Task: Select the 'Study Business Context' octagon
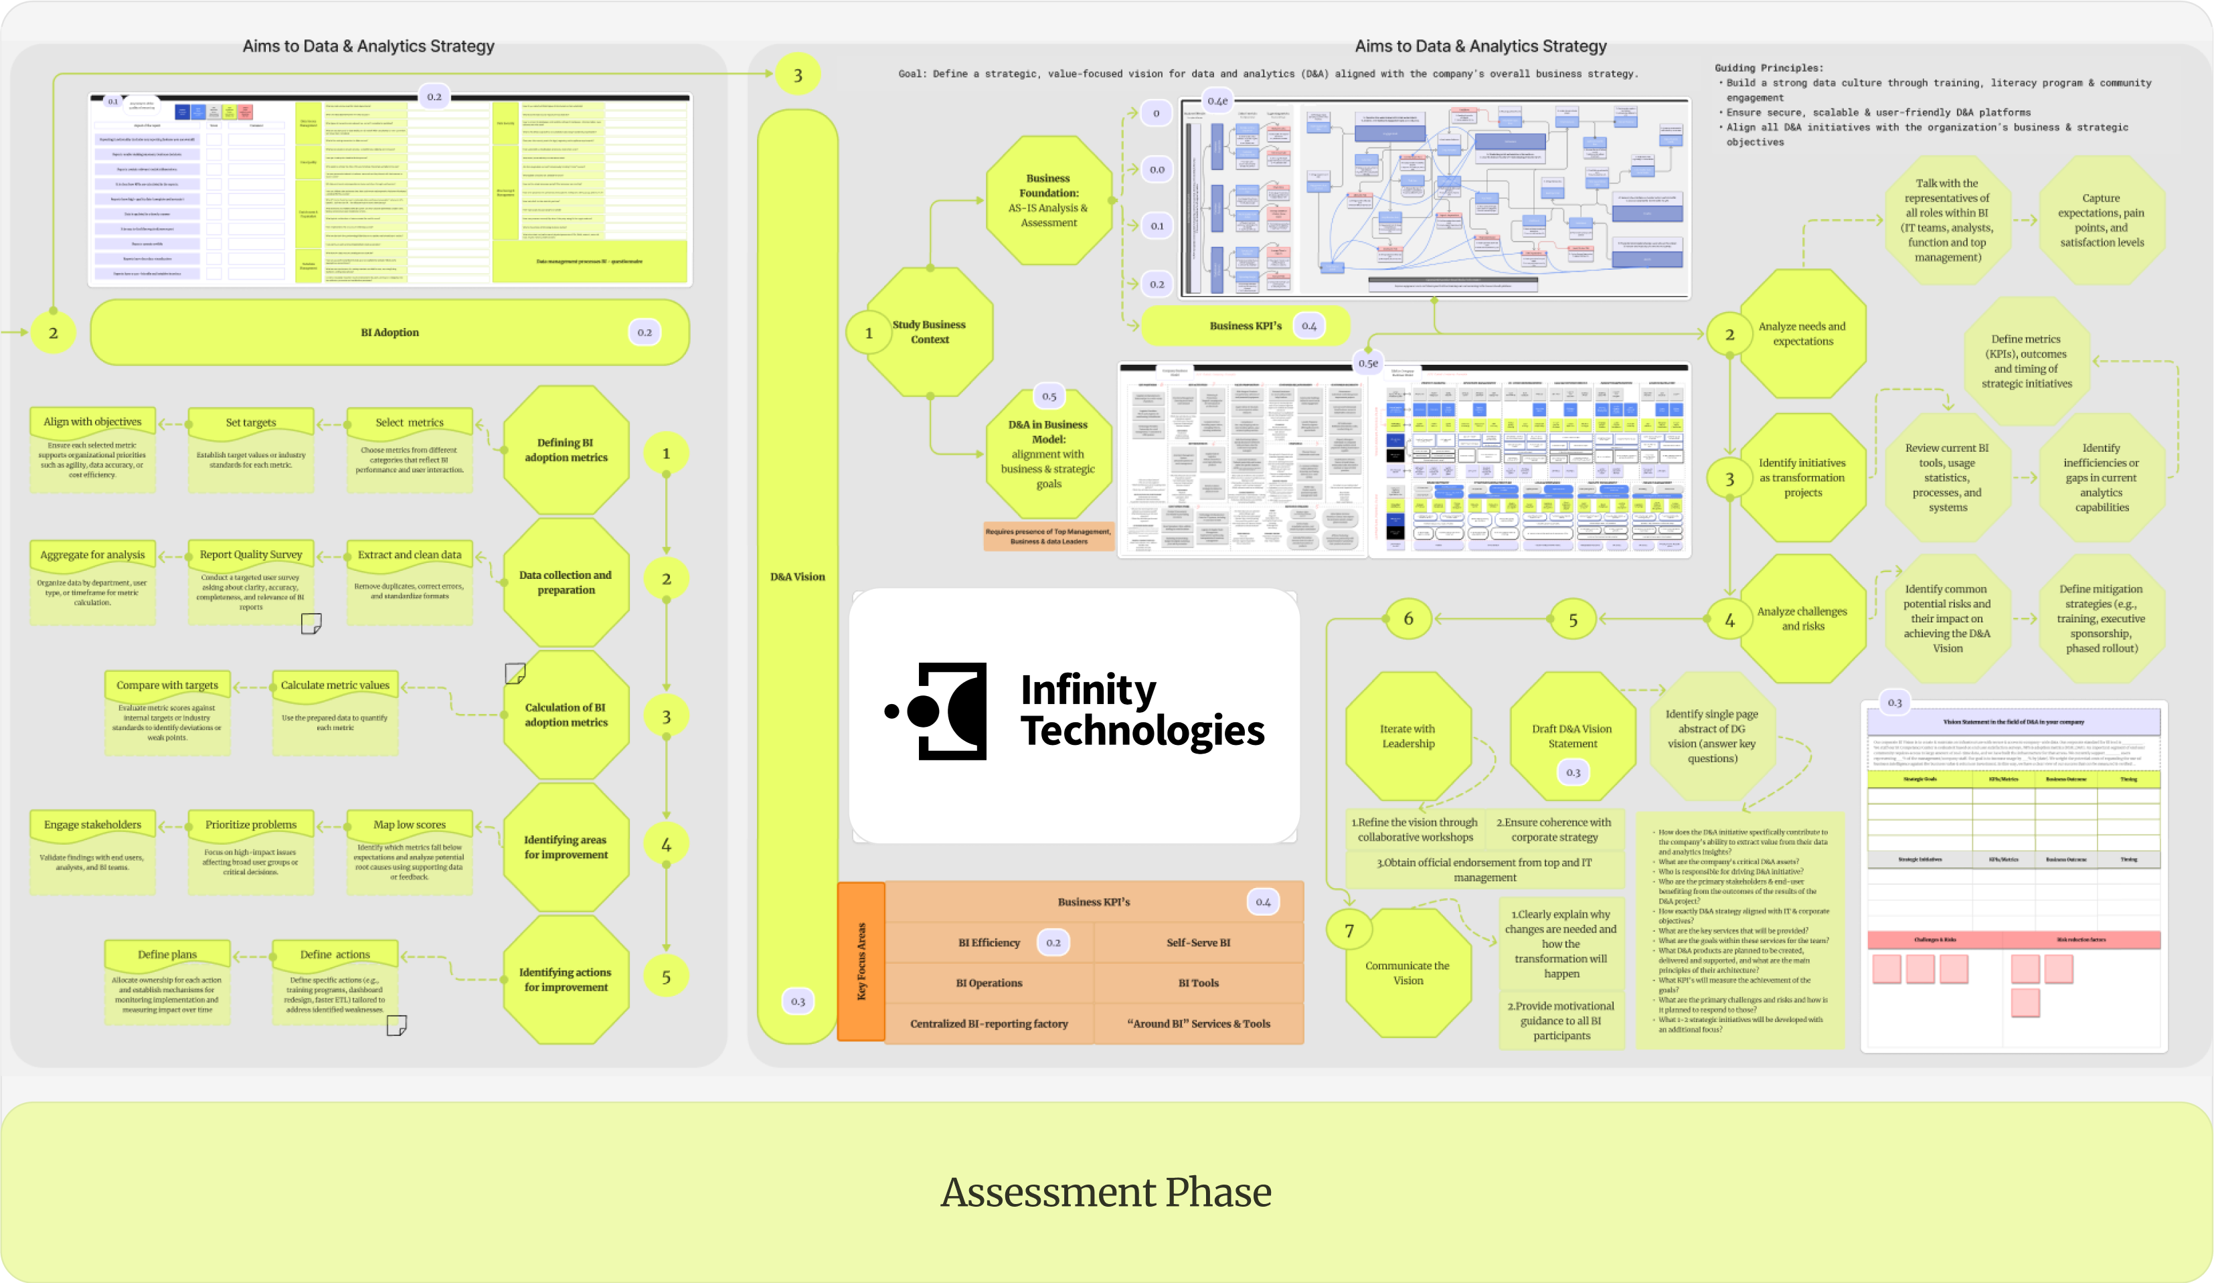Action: [929, 332]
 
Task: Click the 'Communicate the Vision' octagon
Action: [1408, 973]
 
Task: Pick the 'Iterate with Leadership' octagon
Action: [1408, 736]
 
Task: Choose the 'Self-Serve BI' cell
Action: [1199, 943]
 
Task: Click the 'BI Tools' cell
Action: [1199, 983]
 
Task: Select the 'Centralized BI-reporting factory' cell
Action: [989, 1024]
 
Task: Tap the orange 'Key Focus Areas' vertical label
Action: [861, 961]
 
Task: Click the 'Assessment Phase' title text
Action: [1106, 1193]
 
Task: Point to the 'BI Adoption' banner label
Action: [390, 332]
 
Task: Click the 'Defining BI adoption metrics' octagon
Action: [567, 450]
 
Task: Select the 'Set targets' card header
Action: [251, 423]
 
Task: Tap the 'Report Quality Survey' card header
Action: [251, 555]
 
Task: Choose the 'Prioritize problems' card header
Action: [251, 825]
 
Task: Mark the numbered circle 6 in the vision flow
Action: [1408, 618]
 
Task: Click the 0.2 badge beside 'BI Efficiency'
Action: [1053, 943]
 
